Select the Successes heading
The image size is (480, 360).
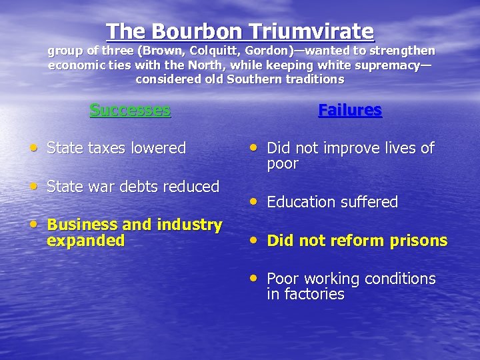point(130,110)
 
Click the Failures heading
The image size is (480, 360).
point(350,110)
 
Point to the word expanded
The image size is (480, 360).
point(85,241)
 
